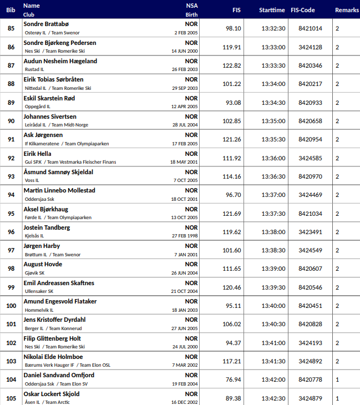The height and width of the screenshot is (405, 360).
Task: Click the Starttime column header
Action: click(272, 10)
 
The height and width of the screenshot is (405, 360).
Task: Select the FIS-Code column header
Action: click(302, 10)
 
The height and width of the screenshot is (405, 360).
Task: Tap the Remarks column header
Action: click(347, 10)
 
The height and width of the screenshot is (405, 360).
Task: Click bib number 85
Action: click(11, 29)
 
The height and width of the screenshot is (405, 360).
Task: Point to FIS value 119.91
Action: click(232, 47)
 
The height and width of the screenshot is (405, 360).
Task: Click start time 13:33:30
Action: click(273, 65)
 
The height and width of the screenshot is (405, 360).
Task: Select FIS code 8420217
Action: click(310, 84)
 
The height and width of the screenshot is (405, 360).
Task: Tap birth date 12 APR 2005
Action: click(184, 107)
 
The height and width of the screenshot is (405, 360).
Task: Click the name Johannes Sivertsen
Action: click(50, 117)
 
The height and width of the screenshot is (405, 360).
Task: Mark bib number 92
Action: click(11, 158)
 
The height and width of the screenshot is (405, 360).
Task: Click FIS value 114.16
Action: click(232, 176)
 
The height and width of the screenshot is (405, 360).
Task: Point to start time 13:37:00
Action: click(273, 195)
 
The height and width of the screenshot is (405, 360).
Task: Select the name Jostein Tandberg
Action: click(47, 227)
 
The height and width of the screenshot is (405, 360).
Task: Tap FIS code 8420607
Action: click(310, 269)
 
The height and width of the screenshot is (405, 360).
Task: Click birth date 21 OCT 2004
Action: click(184, 291)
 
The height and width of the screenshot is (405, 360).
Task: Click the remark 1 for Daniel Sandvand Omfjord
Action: click(337, 379)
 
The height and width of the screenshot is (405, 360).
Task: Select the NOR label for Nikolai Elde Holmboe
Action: click(191, 357)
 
